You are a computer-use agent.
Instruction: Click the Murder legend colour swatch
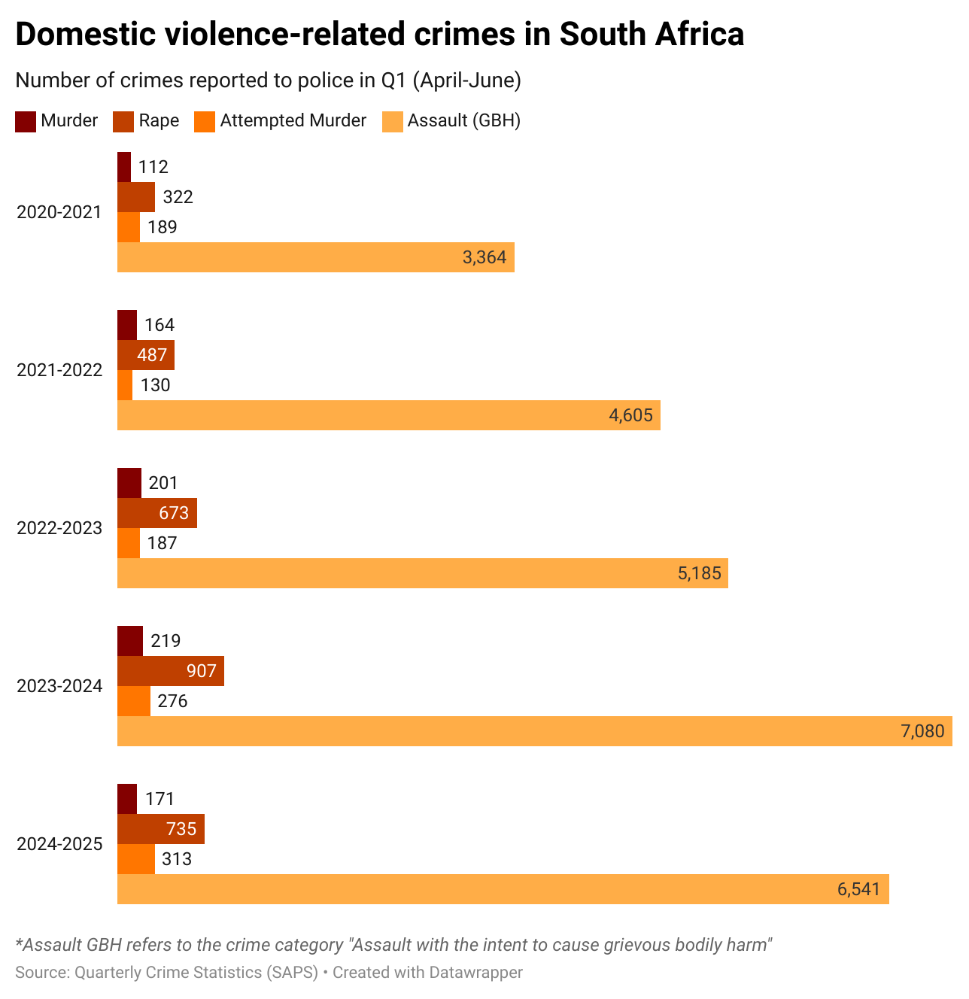(x=26, y=121)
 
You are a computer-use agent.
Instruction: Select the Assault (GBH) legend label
(x=463, y=121)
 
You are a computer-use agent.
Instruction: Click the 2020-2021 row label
(x=59, y=212)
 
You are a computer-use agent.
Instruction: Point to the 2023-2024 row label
(x=59, y=686)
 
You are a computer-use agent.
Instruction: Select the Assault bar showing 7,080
(x=534, y=731)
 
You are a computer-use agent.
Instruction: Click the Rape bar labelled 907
(x=170, y=671)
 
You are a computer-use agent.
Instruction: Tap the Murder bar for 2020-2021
(x=124, y=167)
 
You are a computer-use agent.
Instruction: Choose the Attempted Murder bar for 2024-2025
(x=136, y=859)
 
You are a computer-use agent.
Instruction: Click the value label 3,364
(x=484, y=258)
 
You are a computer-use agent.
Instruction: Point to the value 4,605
(x=630, y=416)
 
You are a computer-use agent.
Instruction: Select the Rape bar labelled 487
(x=146, y=355)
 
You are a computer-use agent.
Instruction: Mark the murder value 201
(x=163, y=483)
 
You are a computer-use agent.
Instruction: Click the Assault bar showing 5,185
(x=422, y=573)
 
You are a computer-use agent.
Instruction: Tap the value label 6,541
(x=858, y=890)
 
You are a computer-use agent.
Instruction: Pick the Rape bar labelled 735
(x=161, y=829)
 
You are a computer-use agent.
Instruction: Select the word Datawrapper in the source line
(x=475, y=973)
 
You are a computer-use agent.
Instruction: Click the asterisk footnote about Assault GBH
(x=393, y=945)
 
